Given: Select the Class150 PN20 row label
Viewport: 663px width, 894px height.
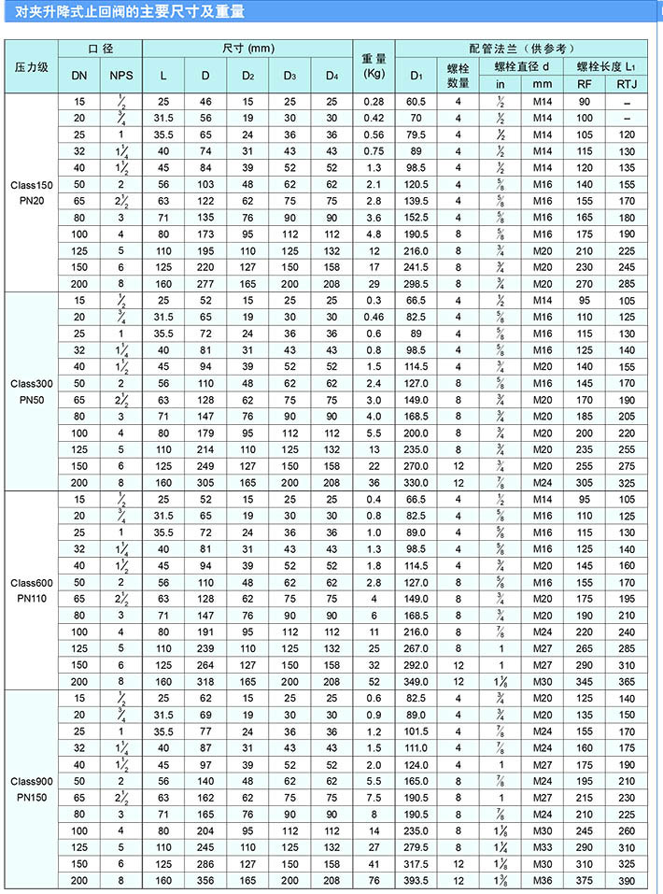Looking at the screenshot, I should tap(33, 192).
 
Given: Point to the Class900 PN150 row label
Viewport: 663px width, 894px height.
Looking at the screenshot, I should tap(33, 788).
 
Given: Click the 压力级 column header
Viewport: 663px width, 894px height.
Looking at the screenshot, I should tap(33, 67).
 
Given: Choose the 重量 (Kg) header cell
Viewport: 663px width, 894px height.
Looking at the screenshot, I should tap(374, 67).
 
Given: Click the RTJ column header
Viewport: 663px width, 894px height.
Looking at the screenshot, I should tap(627, 85).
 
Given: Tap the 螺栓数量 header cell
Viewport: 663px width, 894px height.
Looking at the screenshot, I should tap(458, 75).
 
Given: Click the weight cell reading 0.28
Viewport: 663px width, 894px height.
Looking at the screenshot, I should tap(374, 101).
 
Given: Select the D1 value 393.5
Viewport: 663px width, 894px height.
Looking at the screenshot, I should tap(416, 880).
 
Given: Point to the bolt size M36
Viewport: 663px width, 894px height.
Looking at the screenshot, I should tap(543, 880).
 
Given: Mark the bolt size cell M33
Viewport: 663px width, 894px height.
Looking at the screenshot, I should tap(543, 846).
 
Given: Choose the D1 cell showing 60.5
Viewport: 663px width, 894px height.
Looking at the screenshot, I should tap(416, 101).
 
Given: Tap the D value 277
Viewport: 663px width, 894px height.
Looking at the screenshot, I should tap(205, 283).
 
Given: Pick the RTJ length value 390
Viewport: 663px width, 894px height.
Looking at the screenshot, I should tap(627, 880).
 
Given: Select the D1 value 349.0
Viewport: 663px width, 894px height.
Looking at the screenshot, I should tap(416, 681).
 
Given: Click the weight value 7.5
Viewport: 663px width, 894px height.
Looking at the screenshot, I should tap(374, 797).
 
